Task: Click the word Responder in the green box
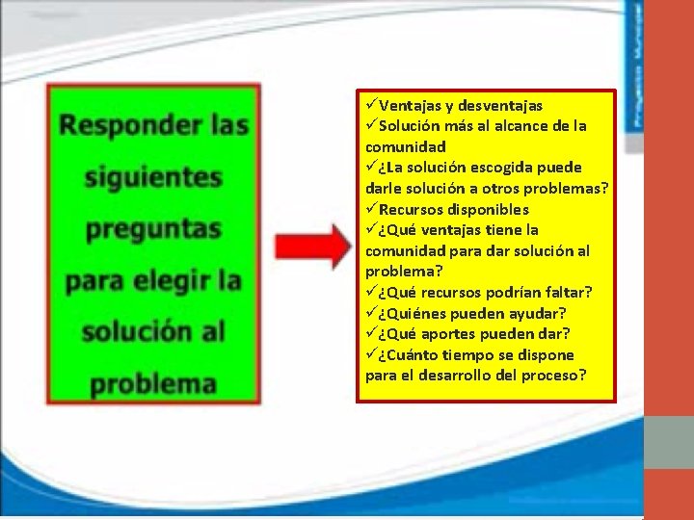(120, 125)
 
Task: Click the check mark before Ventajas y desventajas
(371, 105)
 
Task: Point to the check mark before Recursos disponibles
(371, 209)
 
